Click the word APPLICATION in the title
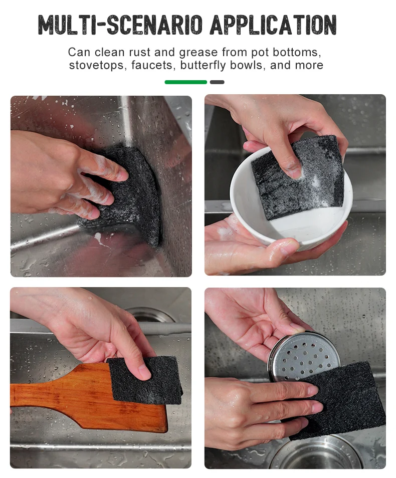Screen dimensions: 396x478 click(273, 24)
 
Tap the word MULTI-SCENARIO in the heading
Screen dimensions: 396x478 click(120, 24)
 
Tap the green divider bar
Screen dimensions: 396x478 click(186, 82)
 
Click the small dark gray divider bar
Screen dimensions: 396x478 click(217, 82)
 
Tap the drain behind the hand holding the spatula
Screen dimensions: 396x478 click(150, 314)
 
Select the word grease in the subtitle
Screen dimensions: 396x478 click(199, 53)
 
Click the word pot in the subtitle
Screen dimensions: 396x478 click(260, 53)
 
